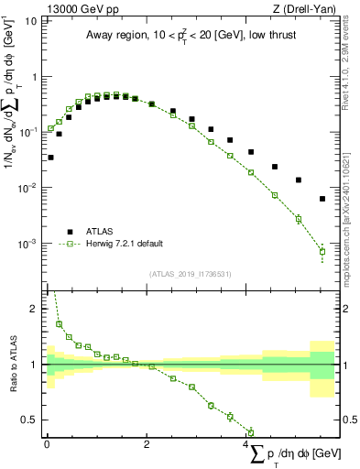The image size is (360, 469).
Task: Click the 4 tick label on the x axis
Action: (x=246, y=444)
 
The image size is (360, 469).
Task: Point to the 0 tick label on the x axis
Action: (x=47, y=444)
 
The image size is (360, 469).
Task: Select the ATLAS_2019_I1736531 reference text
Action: (x=189, y=274)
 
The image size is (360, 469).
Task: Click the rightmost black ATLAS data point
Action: (x=322, y=199)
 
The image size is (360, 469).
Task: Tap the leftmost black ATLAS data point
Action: (x=50, y=158)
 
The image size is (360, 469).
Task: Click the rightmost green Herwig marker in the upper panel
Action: (x=322, y=251)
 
